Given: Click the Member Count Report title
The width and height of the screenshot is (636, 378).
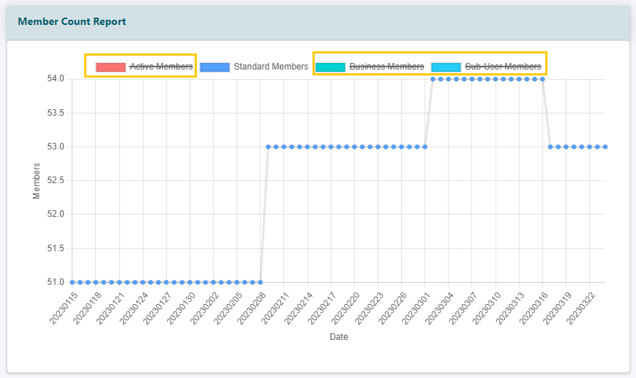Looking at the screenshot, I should (x=72, y=22).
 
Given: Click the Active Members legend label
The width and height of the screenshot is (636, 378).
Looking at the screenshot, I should (x=161, y=67).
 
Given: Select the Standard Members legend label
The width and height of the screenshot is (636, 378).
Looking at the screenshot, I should (x=271, y=67).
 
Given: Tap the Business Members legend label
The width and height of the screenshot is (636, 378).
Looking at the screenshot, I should (x=386, y=67).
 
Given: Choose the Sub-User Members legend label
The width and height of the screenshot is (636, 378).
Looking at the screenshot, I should (x=503, y=67).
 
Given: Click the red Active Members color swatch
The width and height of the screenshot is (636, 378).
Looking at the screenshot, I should (x=111, y=67).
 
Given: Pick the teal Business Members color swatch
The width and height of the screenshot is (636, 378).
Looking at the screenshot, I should (x=330, y=67).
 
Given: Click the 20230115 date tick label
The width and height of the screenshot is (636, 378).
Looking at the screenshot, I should (x=62, y=307).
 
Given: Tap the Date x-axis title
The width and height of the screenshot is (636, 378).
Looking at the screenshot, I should (x=338, y=338).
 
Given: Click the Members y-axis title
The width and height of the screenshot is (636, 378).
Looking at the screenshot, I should (x=37, y=180).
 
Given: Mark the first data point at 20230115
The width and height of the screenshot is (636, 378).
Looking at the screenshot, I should (x=72, y=282).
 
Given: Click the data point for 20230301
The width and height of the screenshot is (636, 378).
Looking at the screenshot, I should (x=425, y=147).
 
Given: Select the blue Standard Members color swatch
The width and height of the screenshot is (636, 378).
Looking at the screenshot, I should (x=214, y=67).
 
